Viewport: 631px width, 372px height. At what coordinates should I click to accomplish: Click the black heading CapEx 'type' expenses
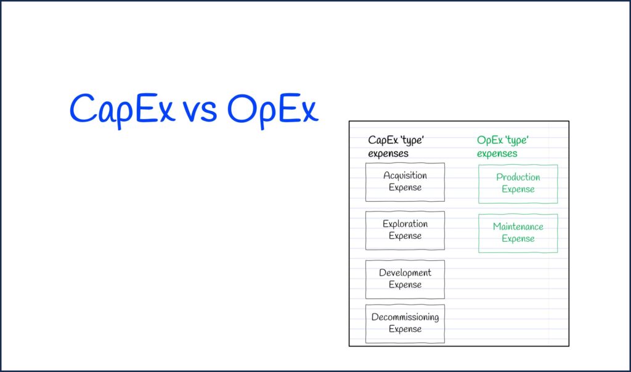pos(396,147)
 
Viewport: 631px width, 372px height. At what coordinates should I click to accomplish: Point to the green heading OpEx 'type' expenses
pos(503,147)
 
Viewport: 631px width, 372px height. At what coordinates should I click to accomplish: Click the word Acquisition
pos(405,176)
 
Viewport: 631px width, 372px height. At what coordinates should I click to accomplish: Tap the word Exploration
pos(405,224)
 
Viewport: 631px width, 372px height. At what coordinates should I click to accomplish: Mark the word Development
pos(405,273)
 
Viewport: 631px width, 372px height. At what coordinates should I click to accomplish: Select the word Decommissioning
pos(405,317)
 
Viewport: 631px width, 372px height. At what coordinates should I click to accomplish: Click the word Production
pos(518,177)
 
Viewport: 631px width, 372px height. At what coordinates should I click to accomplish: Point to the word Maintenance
pos(518,226)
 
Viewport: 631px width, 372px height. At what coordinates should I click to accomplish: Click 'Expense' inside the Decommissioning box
pos(405,329)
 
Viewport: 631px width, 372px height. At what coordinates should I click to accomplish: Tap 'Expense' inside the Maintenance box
pos(518,239)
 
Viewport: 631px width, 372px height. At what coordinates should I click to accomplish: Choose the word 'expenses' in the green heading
pos(497,154)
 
